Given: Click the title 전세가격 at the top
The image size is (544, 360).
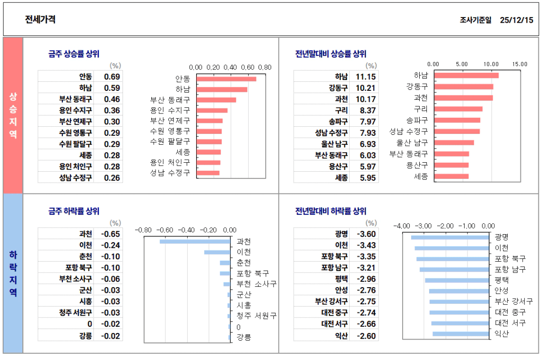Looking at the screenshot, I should pos(40,19).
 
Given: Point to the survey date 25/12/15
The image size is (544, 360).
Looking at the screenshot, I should pos(516,20).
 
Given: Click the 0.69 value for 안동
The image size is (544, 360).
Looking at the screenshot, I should pos(112,77).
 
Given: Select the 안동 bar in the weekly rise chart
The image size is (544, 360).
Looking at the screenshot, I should pos(226,79).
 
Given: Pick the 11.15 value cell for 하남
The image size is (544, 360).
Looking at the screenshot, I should pos(365,77).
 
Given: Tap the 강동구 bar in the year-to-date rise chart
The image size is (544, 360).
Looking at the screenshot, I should pos(463,87).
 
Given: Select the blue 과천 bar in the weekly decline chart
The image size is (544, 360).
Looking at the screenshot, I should pos(195,241).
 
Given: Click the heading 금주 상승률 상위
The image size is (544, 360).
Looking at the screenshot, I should pos(74,54).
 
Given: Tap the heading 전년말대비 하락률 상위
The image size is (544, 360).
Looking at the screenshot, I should pos(331,211).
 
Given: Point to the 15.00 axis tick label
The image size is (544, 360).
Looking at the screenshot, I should pos(519,64).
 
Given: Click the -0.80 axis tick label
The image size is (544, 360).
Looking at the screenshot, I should pos(143,230).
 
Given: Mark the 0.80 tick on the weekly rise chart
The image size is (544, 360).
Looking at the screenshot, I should pos(265,67).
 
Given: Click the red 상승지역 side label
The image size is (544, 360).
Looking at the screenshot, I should pos(13,115).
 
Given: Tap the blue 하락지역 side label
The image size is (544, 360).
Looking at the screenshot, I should pos(13,273).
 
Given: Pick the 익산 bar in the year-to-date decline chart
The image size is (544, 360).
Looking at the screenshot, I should pos(461,334).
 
